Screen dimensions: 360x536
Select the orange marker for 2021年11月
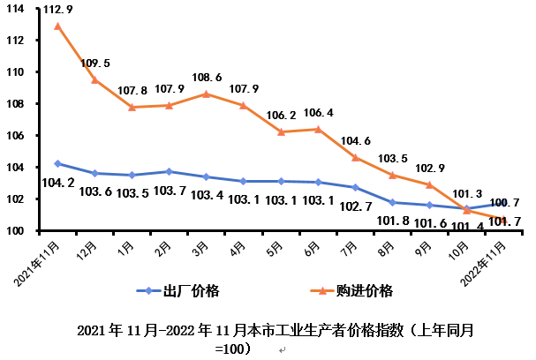click(57, 26)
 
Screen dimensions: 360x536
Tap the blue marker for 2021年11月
click(57, 163)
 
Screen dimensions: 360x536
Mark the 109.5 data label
click(94, 64)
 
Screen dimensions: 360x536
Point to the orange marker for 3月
click(206, 94)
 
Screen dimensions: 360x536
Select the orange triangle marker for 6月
click(317, 129)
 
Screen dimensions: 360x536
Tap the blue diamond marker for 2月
click(169, 171)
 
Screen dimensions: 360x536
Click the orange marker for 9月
click(429, 184)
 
